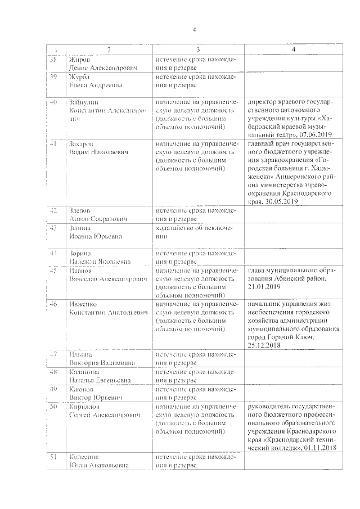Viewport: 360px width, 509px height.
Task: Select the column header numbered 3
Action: coord(197,50)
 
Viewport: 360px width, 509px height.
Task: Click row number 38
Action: coord(54,59)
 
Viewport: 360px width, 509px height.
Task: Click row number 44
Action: coord(54,253)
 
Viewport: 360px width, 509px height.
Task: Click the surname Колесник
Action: coord(84,457)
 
